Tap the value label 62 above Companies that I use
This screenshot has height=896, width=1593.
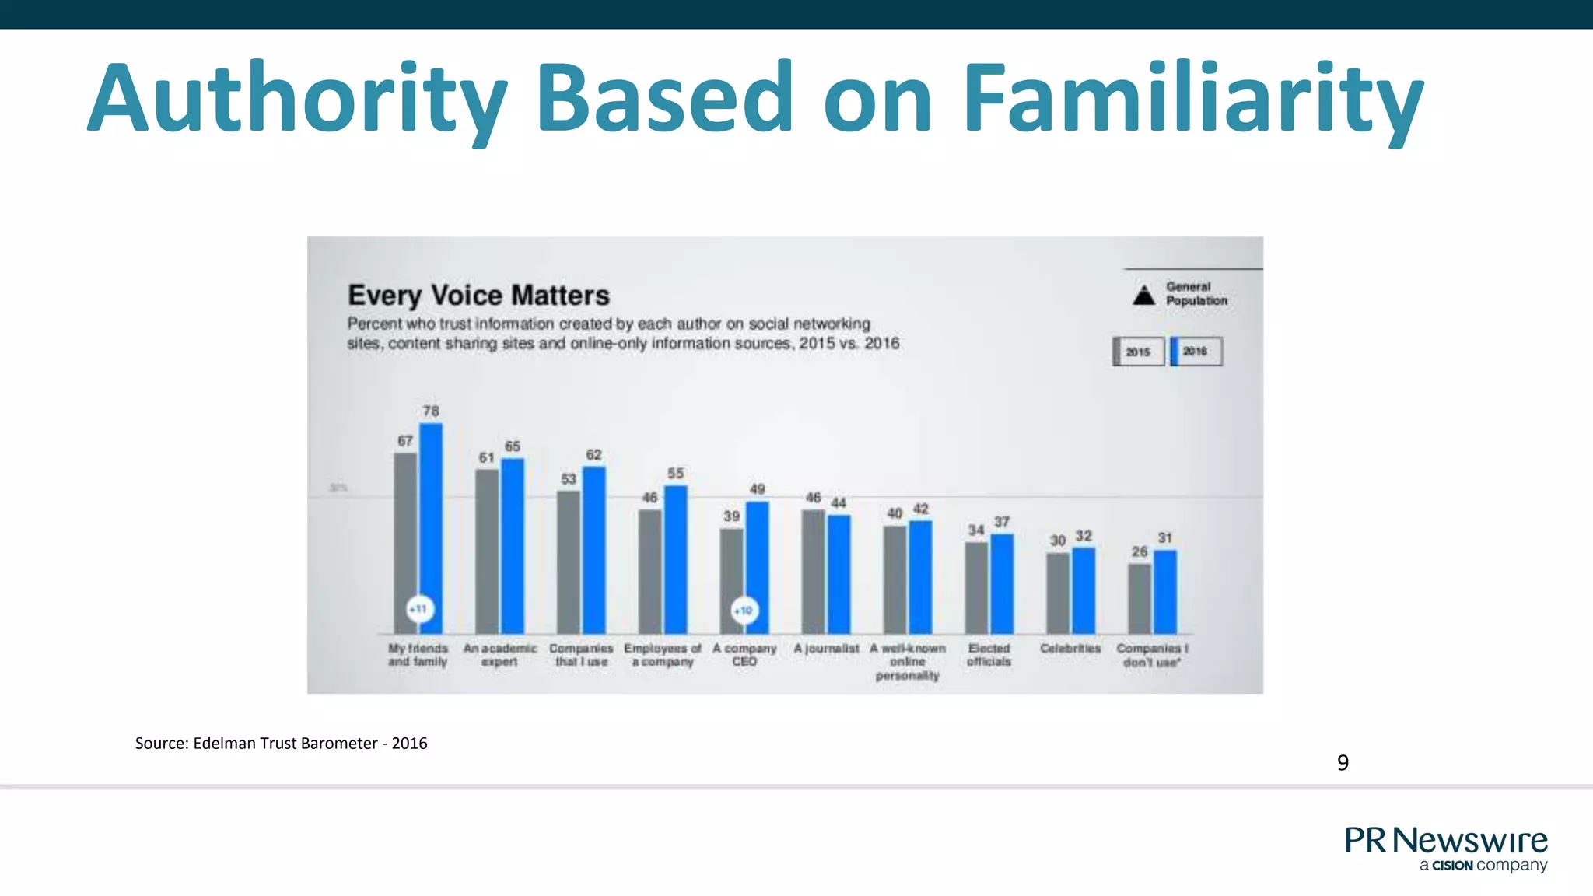[x=593, y=454]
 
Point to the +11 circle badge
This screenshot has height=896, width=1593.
[x=419, y=609]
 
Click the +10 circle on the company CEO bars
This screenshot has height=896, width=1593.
[x=744, y=611]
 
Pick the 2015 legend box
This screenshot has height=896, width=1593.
[x=1138, y=352]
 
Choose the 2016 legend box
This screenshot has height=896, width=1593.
[x=1196, y=352]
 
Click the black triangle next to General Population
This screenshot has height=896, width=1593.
[x=1143, y=295]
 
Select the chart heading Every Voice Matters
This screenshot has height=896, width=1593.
[x=478, y=296]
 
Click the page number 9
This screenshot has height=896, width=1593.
[x=1343, y=763]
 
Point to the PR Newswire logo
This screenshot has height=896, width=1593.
[x=1446, y=849]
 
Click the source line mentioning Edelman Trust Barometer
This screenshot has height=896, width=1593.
[x=281, y=743]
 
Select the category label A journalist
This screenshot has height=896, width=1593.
[x=826, y=649]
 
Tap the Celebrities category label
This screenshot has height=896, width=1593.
[x=1070, y=649]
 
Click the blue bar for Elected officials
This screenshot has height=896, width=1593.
[x=1002, y=583]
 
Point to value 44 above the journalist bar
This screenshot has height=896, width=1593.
[x=839, y=503]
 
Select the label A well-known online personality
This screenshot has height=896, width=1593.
[x=908, y=662]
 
